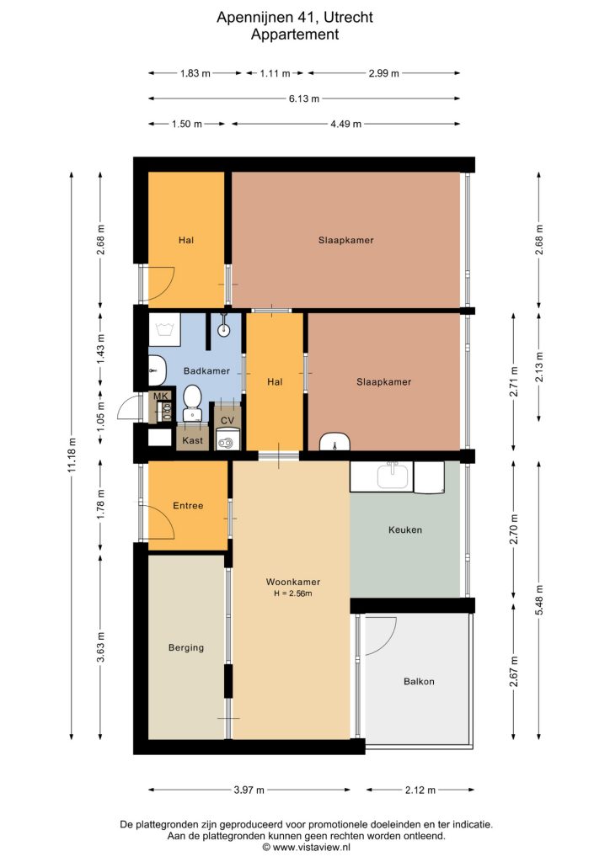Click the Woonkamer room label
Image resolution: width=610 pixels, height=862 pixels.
click(292, 582)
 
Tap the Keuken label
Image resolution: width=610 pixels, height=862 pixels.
click(405, 530)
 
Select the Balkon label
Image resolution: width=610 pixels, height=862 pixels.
click(419, 682)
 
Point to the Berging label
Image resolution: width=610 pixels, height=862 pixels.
click(186, 647)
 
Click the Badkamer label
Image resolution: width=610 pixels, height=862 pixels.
click(206, 371)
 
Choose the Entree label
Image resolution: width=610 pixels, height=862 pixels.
click(188, 506)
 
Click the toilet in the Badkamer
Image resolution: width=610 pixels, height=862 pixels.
click(192, 402)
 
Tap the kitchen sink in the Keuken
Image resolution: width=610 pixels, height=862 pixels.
click(394, 476)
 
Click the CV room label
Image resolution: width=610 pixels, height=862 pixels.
click(227, 421)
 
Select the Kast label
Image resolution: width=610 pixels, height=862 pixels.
click(192, 440)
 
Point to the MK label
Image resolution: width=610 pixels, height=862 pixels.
click(160, 396)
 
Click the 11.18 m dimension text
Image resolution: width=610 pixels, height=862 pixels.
click(72, 455)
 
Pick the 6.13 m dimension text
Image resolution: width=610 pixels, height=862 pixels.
click(304, 99)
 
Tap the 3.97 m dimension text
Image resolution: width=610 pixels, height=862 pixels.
click(249, 790)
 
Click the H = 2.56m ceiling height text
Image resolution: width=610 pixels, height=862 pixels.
click(293, 593)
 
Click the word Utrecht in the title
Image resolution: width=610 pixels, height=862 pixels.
click(348, 18)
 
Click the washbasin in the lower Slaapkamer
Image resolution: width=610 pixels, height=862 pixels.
click(335, 441)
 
